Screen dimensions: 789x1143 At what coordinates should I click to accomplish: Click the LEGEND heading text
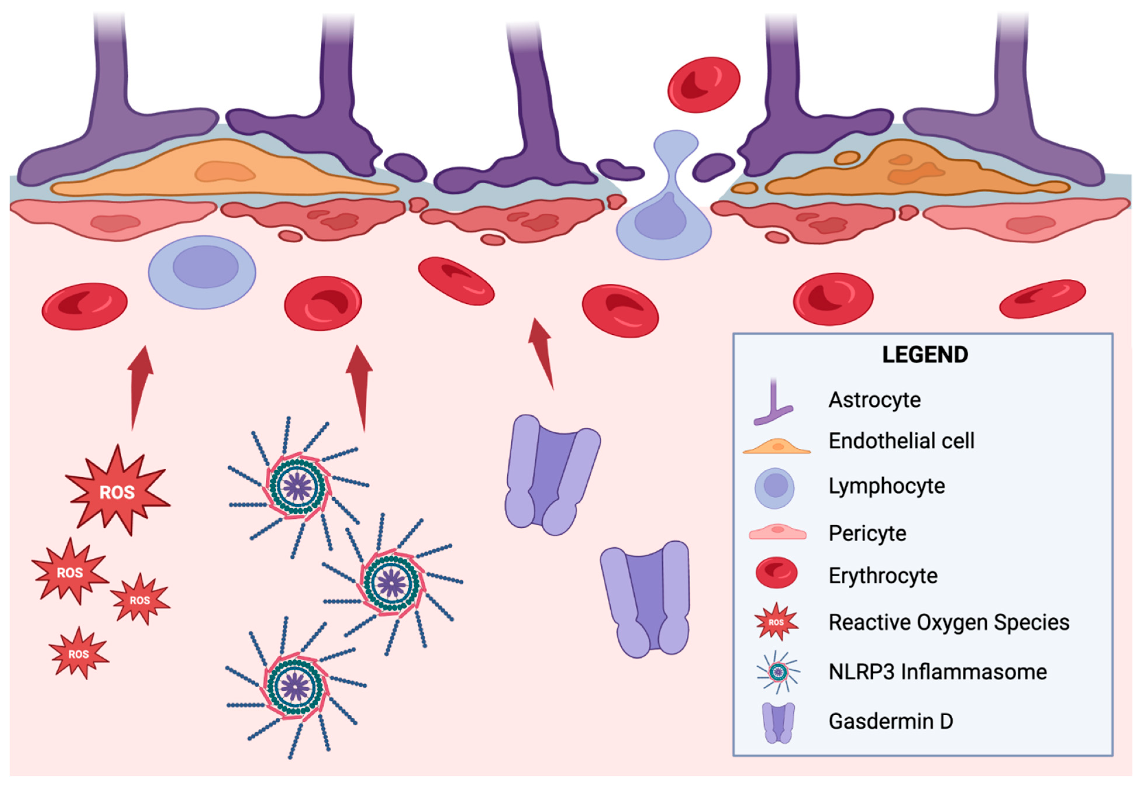(x=924, y=355)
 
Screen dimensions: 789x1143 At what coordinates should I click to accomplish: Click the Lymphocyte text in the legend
(x=886, y=486)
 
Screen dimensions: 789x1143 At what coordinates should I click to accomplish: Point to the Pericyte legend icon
(x=777, y=533)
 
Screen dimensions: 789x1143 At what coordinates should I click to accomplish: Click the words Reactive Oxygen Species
(x=948, y=622)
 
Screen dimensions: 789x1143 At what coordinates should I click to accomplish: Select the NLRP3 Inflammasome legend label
(x=937, y=672)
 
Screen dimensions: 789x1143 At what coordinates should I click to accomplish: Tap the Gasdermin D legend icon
(x=778, y=723)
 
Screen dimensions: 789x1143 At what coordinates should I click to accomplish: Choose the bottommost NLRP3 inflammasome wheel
(x=295, y=687)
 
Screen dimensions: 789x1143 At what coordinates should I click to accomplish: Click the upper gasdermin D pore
(x=552, y=474)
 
